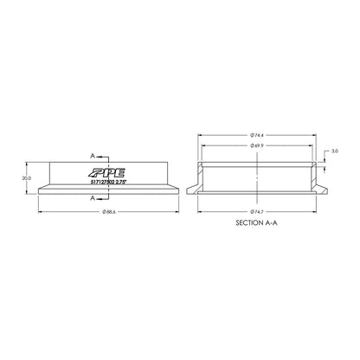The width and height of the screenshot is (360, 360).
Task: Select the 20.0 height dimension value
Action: coord(26,178)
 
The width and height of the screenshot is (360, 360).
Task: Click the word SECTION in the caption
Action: coord(248,223)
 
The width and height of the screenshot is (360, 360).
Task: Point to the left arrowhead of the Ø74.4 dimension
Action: coord(201,136)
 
